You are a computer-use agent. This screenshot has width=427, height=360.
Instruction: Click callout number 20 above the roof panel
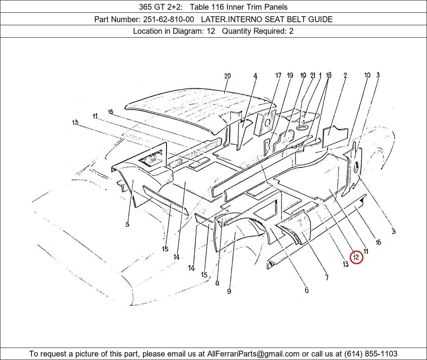[227, 76]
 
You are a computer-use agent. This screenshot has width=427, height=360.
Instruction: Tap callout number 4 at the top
[255, 76]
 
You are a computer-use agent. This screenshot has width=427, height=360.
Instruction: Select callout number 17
[278, 75]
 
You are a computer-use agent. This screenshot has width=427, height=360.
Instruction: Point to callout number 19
[290, 75]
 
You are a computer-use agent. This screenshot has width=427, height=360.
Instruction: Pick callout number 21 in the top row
[312, 75]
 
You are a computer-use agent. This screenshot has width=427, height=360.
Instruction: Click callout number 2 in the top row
[345, 75]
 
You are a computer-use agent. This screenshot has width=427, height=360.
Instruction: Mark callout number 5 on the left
[127, 224]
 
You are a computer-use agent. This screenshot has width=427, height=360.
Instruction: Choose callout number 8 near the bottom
[217, 283]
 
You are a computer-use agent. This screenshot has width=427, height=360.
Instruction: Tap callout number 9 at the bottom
[229, 291]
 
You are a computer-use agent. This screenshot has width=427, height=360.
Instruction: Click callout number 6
[307, 290]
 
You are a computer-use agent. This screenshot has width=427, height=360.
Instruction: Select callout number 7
[327, 277]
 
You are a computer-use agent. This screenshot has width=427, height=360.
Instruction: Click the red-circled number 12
[356, 257]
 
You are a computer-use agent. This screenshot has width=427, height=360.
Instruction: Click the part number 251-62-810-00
[168, 19]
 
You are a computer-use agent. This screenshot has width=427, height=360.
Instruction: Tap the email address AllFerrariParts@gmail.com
[253, 354]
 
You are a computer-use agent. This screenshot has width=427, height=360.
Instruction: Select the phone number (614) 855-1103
[371, 354]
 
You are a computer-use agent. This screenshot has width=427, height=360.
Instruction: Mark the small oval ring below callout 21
[302, 128]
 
